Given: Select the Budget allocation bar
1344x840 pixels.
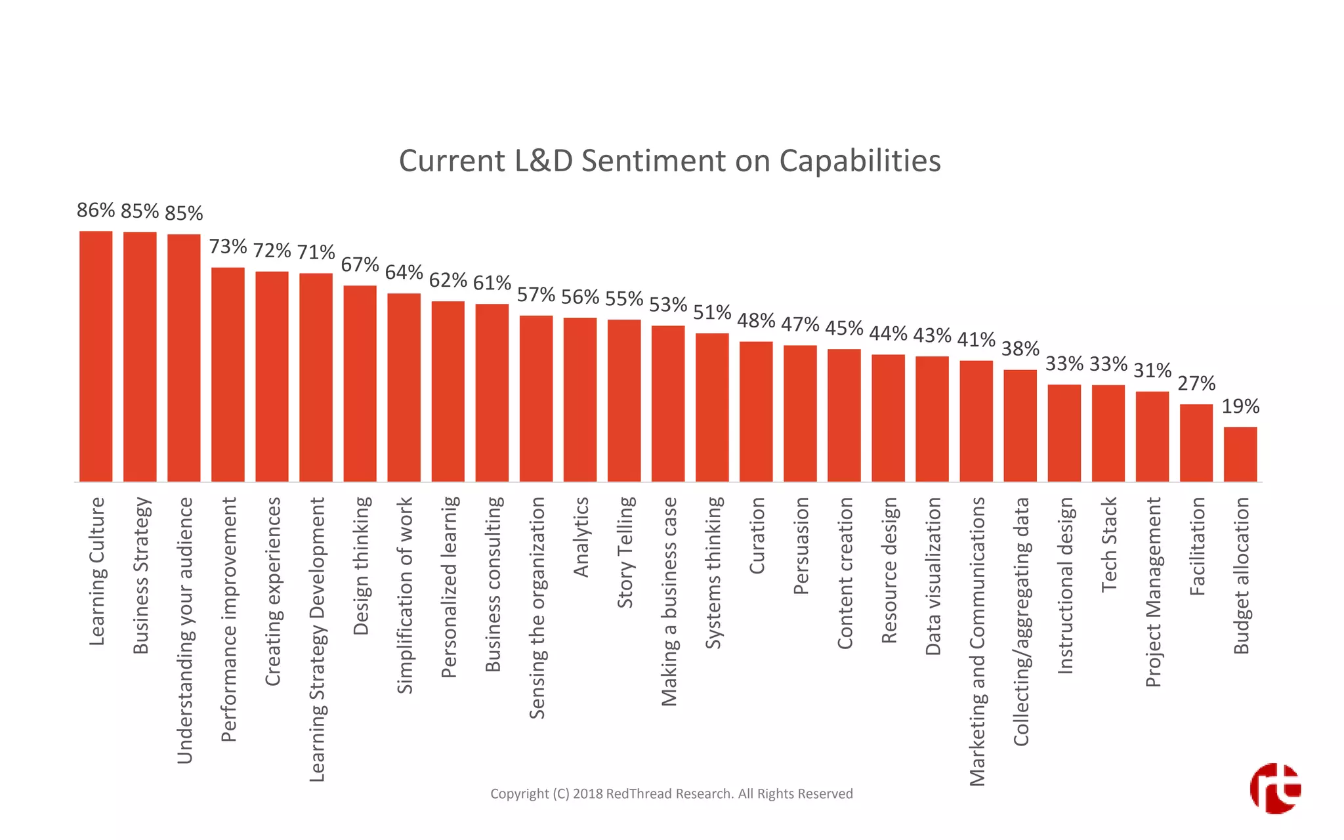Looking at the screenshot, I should [x=1240, y=454].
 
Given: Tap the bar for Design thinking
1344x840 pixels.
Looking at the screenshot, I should [x=360, y=383].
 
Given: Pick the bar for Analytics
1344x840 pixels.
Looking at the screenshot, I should [x=580, y=400].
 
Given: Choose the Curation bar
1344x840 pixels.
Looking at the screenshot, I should [x=756, y=411].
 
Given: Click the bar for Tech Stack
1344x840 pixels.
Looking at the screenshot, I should [x=1108, y=433].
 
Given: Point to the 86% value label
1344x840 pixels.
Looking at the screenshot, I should [x=96, y=210].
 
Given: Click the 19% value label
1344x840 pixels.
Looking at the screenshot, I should [x=1240, y=406].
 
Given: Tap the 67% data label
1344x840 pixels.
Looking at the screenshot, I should [x=360, y=264].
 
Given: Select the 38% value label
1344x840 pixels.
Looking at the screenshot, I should [x=1020, y=348].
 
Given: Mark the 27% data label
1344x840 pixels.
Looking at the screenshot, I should [x=1196, y=383].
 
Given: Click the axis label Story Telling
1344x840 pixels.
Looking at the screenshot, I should [x=625, y=552].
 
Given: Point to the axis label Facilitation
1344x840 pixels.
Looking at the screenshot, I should [x=1198, y=546].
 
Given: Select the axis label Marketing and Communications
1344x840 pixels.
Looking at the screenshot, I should [x=977, y=641].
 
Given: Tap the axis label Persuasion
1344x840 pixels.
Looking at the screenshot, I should [x=801, y=545].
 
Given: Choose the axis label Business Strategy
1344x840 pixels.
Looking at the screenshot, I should [x=141, y=576].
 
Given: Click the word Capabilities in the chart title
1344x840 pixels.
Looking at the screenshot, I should [x=860, y=161].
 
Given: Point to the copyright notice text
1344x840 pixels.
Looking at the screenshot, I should [x=671, y=793].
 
